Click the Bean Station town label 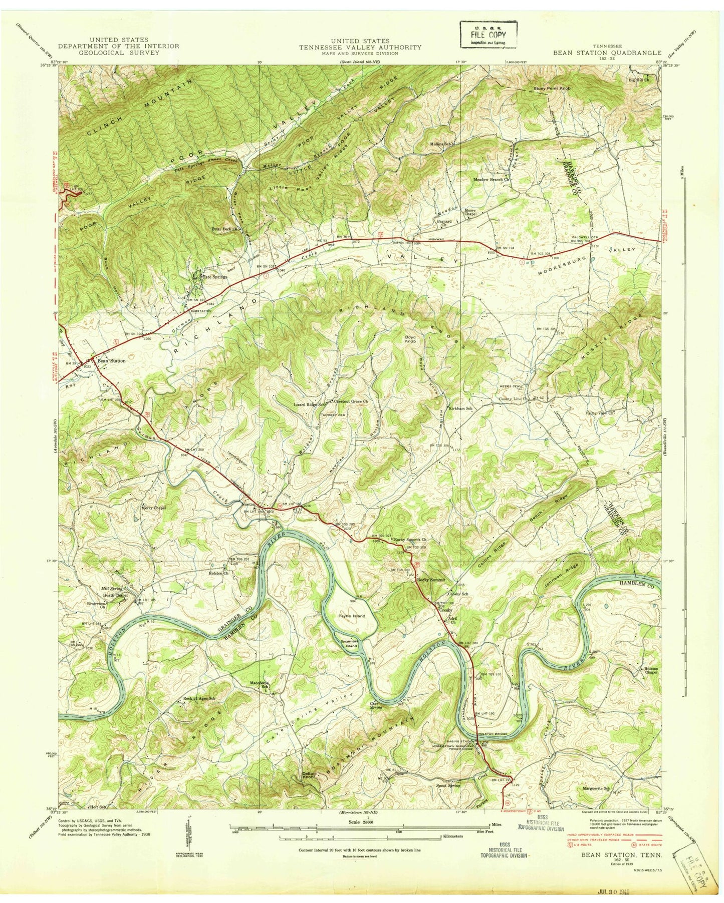pyautogui.click(x=111, y=360)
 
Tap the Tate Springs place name pyautogui.click(x=214, y=277)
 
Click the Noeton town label pyautogui.click(x=250, y=504)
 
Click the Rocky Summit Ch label pyautogui.click(x=410, y=540)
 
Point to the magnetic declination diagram pyautogui.click(x=188, y=839)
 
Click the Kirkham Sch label pyautogui.click(x=460, y=408)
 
